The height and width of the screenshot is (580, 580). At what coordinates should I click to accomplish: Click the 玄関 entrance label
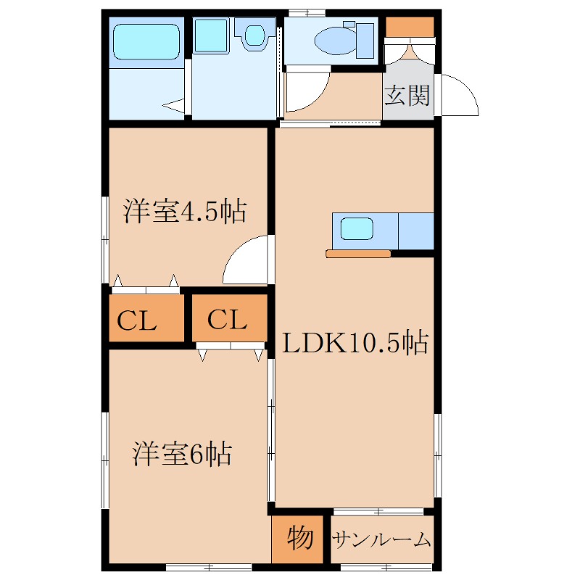(x=408, y=95)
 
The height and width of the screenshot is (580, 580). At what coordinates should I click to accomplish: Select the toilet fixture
(x=336, y=40)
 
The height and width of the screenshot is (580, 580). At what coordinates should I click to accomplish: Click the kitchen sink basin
(x=357, y=230)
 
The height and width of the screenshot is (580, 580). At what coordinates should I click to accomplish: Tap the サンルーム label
(x=382, y=540)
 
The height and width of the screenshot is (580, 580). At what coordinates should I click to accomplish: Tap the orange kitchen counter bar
(x=358, y=254)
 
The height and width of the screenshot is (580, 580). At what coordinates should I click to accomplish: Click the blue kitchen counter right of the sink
(x=415, y=231)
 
